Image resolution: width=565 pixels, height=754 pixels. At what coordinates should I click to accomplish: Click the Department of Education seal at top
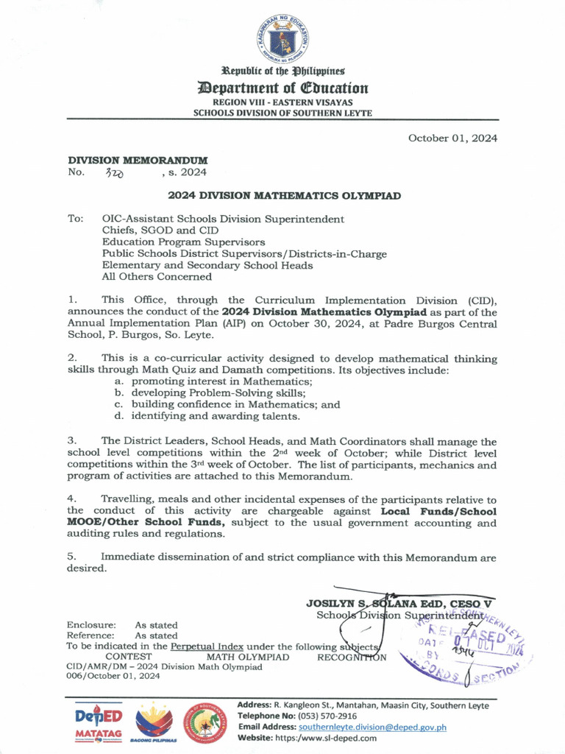tap(282, 38)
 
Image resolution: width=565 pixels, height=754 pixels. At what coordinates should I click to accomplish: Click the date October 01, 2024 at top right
tap(452, 138)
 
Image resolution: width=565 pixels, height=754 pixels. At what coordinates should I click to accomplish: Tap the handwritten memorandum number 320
tap(115, 173)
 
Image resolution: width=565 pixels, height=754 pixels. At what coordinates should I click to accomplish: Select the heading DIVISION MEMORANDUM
tap(138, 160)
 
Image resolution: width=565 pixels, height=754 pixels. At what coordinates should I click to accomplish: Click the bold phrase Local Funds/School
tap(438, 511)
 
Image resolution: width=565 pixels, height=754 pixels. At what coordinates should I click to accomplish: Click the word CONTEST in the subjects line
tap(129, 656)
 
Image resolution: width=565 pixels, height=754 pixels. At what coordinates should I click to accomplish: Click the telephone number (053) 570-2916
tap(327, 716)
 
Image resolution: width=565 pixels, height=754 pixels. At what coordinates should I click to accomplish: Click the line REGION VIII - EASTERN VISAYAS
tap(282, 102)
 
